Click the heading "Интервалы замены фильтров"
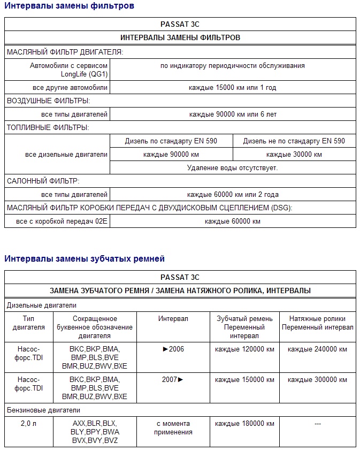(70, 6)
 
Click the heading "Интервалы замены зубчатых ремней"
(85, 259)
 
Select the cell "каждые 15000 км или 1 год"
(233, 87)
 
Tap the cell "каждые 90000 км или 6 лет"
(233, 114)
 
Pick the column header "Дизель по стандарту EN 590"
(171, 141)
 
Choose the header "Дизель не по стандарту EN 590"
(294, 141)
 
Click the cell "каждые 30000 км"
(294, 155)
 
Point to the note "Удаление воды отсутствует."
(233, 168)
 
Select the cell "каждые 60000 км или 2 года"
(233, 195)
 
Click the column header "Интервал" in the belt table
(173, 319)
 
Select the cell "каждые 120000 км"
(244, 349)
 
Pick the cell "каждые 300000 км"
(317, 379)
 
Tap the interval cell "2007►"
(173, 379)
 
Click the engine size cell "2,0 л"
(29, 423)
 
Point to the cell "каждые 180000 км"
(244, 423)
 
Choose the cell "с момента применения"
(173, 427)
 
